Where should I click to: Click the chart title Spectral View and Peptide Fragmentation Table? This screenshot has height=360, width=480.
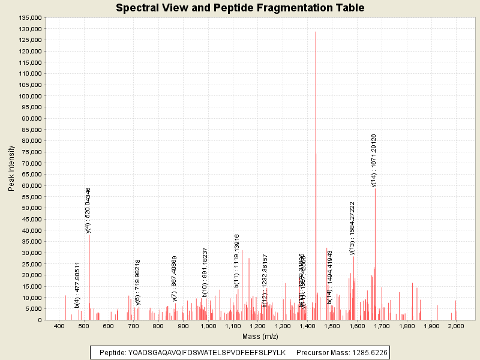click(240, 8)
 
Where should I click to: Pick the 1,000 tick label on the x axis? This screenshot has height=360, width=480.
click(208, 326)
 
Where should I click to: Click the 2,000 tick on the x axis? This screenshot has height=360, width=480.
click(456, 326)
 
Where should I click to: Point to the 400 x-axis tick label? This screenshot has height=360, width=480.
click(59, 326)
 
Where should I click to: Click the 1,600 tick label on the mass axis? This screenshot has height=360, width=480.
click(357, 326)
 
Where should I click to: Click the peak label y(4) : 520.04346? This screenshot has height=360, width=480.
click(88, 209)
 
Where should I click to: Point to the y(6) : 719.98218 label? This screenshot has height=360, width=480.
click(138, 282)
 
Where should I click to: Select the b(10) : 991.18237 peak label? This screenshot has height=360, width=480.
click(205, 272)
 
